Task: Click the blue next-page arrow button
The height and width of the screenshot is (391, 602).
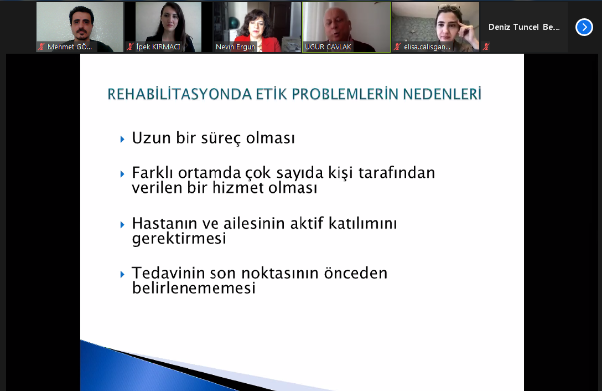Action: click(x=584, y=27)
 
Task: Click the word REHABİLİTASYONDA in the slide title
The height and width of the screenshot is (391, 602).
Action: click(x=179, y=94)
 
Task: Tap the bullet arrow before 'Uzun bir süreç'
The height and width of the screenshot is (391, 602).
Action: click(x=122, y=139)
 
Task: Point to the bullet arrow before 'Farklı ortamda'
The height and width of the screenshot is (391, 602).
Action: click(x=122, y=174)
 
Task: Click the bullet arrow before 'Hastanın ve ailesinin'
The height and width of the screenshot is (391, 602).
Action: click(x=122, y=224)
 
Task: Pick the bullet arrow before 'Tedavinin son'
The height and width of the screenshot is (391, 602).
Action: click(x=122, y=275)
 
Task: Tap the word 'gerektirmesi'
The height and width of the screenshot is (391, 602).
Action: click(x=179, y=239)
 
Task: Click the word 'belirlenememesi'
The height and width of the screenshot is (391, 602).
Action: click(x=194, y=288)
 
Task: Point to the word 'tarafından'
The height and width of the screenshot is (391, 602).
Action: click(x=397, y=173)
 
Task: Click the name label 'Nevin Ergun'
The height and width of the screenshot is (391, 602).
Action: click(x=235, y=47)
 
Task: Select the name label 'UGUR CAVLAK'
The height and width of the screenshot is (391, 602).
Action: click(x=328, y=47)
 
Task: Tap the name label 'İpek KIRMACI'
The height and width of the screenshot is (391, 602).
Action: click(x=158, y=47)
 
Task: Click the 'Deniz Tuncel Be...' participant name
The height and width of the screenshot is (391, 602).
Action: click(x=524, y=27)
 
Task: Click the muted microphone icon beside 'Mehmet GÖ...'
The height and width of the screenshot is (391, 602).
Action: click(x=41, y=47)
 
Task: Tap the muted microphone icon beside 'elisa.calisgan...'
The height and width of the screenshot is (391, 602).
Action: click(x=397, y=47)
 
